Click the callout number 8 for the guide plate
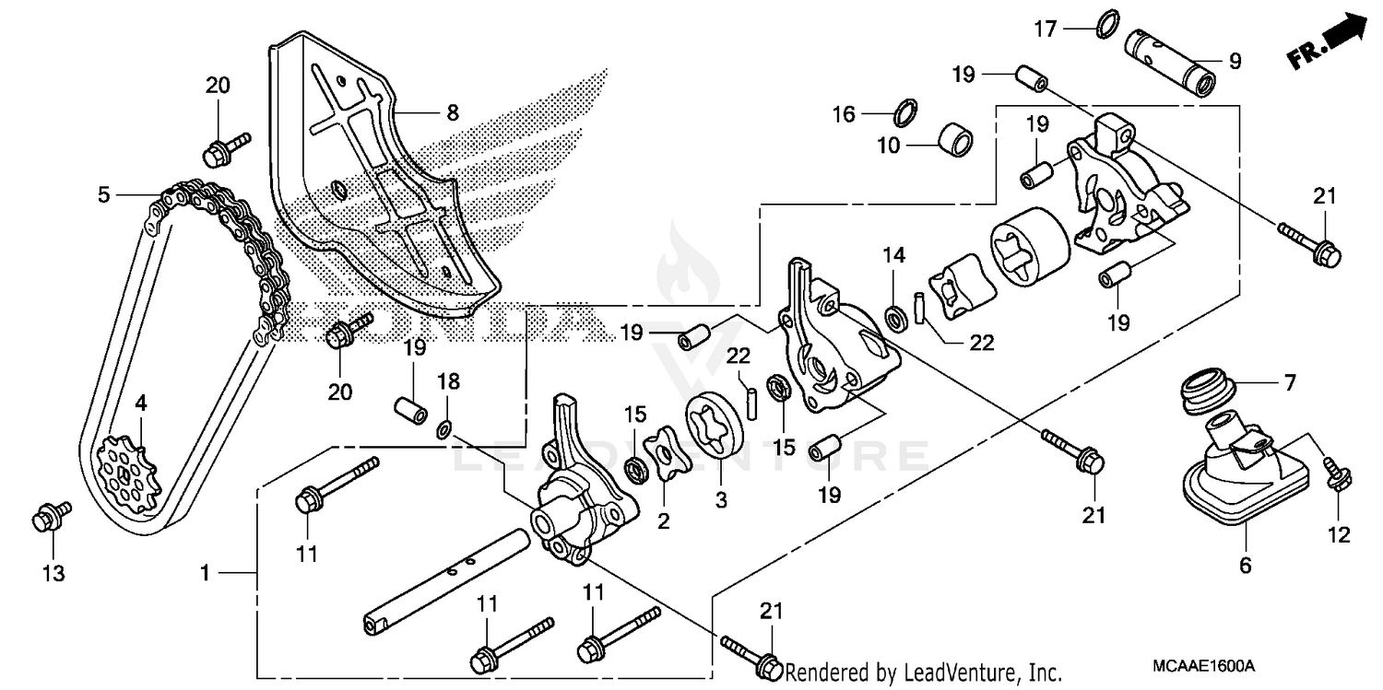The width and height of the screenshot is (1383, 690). click(452, 113)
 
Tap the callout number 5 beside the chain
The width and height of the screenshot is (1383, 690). click(103, 194)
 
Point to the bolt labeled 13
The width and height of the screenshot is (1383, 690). click(44, 518)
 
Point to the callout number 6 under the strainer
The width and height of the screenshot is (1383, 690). click(1245, 564)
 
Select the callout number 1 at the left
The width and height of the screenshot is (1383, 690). click(205, 573)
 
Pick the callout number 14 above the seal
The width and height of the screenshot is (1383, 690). click(893, 255)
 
